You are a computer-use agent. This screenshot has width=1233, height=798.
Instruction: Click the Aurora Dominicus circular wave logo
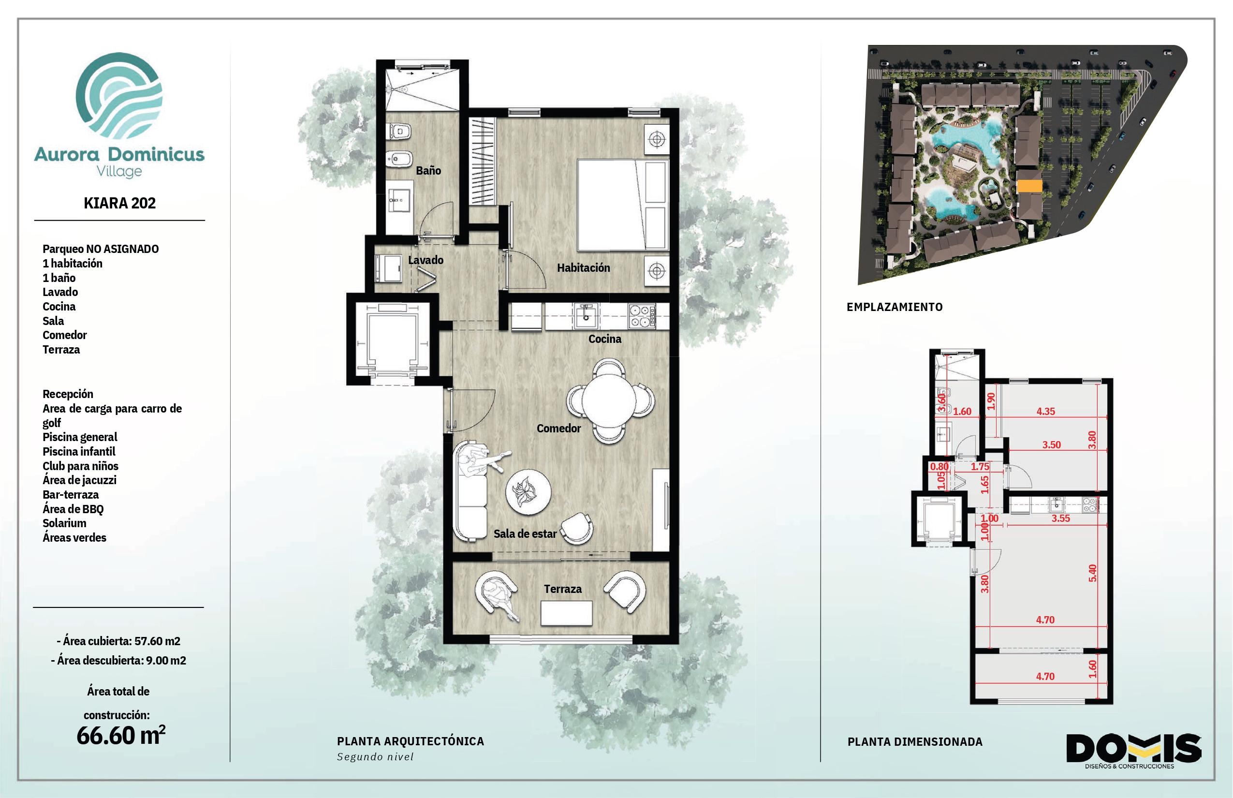point(119,95)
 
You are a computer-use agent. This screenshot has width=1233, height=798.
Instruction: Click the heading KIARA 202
point(120,203)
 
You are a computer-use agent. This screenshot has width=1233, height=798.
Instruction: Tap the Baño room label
point(428,170)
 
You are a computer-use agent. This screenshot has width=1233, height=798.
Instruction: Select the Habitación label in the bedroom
point(583,268)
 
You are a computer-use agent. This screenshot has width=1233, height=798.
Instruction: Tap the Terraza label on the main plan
point(563,589)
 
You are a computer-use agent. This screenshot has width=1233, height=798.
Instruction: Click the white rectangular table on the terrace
point(566,614)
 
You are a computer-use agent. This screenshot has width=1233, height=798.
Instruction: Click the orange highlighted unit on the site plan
point(1029,187)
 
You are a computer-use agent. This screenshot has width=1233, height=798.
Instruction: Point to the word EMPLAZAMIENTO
point(895,307)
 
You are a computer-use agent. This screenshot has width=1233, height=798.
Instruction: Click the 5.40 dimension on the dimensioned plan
point(1093,573)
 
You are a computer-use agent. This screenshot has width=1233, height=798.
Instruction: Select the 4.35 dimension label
point(1045,412)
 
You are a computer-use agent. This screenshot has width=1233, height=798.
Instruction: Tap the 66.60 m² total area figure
point(121,735)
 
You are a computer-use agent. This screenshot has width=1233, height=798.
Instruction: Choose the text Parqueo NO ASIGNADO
point(101,249)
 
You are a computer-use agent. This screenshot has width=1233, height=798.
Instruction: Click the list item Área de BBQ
point(73,509)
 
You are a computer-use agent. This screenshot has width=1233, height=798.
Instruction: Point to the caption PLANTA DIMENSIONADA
point(915,742)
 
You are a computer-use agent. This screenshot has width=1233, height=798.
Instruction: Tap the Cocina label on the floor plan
point(604,339)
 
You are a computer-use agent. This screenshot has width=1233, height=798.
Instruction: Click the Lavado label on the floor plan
point(426,260)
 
